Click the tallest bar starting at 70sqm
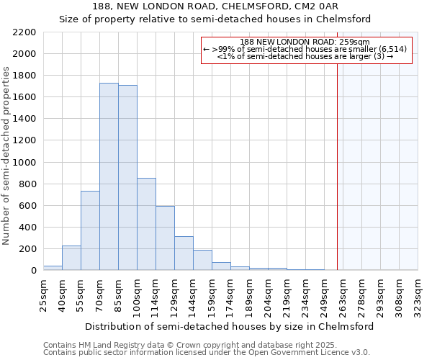click(109, 176)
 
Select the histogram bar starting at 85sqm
click(127, 177)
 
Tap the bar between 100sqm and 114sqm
click(146, 224)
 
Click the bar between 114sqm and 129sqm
click(165, 238)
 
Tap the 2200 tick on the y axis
click(25, 32)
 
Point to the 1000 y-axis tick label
click(25, 163)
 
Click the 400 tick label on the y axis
click(27, 228)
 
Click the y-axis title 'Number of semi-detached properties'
click(7, 156)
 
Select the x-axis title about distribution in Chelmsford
click(230, 326)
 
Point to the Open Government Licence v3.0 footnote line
click(207, 353)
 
